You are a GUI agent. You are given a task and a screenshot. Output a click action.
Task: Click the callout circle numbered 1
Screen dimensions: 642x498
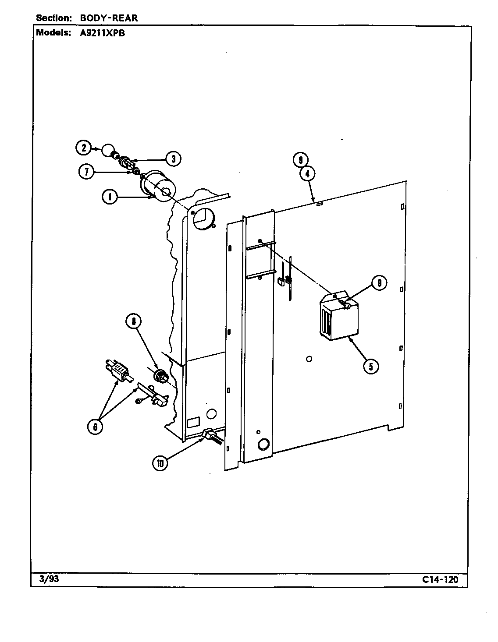(109, 198)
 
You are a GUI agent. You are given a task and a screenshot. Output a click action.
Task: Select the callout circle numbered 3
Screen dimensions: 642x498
(173, 159)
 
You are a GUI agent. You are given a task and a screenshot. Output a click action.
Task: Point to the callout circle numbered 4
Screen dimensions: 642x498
(307, 173)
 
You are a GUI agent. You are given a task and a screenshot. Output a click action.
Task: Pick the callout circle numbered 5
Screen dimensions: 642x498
(371, 366)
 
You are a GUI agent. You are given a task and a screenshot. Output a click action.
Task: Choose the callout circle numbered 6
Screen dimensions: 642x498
(96, 426)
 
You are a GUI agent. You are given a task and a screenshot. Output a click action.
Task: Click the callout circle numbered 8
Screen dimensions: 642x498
(134, 322)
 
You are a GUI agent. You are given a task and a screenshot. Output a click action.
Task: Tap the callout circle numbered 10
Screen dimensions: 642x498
(160, 463)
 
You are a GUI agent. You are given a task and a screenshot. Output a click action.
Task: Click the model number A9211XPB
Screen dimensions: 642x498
(102, 32)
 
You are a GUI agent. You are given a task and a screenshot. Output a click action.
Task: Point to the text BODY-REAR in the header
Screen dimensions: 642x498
(108, 18)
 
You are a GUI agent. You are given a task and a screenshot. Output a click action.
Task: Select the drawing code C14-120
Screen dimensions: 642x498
(440, 579)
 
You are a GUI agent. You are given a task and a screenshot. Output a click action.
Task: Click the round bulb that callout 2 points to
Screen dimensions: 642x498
(107, 151)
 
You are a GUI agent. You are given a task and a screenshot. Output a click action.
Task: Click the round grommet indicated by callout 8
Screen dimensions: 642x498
(161, 376)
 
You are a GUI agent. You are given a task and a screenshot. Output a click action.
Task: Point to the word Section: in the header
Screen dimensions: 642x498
(54, 18)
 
